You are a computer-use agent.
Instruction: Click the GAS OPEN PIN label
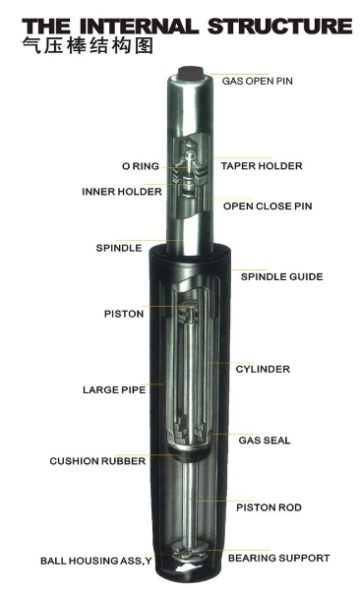click(257, 81)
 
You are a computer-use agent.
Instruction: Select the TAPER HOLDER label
click(262, 166)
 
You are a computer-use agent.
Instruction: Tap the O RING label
click(141, 166)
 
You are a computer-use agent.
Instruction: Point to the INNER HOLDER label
click(122, 192)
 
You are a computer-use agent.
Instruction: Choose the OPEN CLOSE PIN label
click(268, 206)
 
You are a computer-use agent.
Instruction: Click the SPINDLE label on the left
click(119, 248)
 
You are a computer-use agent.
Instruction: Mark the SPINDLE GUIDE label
click(281, 277)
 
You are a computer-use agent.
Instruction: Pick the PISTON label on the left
click(124, 314)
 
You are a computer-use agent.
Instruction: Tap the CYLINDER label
click(263, 369)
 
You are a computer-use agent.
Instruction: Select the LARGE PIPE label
click(114, 389)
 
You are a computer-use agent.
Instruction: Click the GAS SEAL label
click(265, 441)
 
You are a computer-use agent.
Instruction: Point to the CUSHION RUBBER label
click(97, 461)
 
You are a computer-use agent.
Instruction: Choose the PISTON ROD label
click(269, 507)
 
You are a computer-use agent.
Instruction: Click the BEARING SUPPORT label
click(279, 558)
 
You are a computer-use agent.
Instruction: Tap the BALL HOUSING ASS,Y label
click(96, 561)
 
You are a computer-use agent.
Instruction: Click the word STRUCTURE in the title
click(279, 27)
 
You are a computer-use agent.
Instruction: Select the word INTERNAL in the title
click(139, 27)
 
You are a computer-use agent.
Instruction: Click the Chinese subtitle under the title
click(88, 46)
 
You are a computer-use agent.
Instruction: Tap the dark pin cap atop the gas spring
click(191, 73)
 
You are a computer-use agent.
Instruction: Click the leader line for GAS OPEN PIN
click(239, 74)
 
